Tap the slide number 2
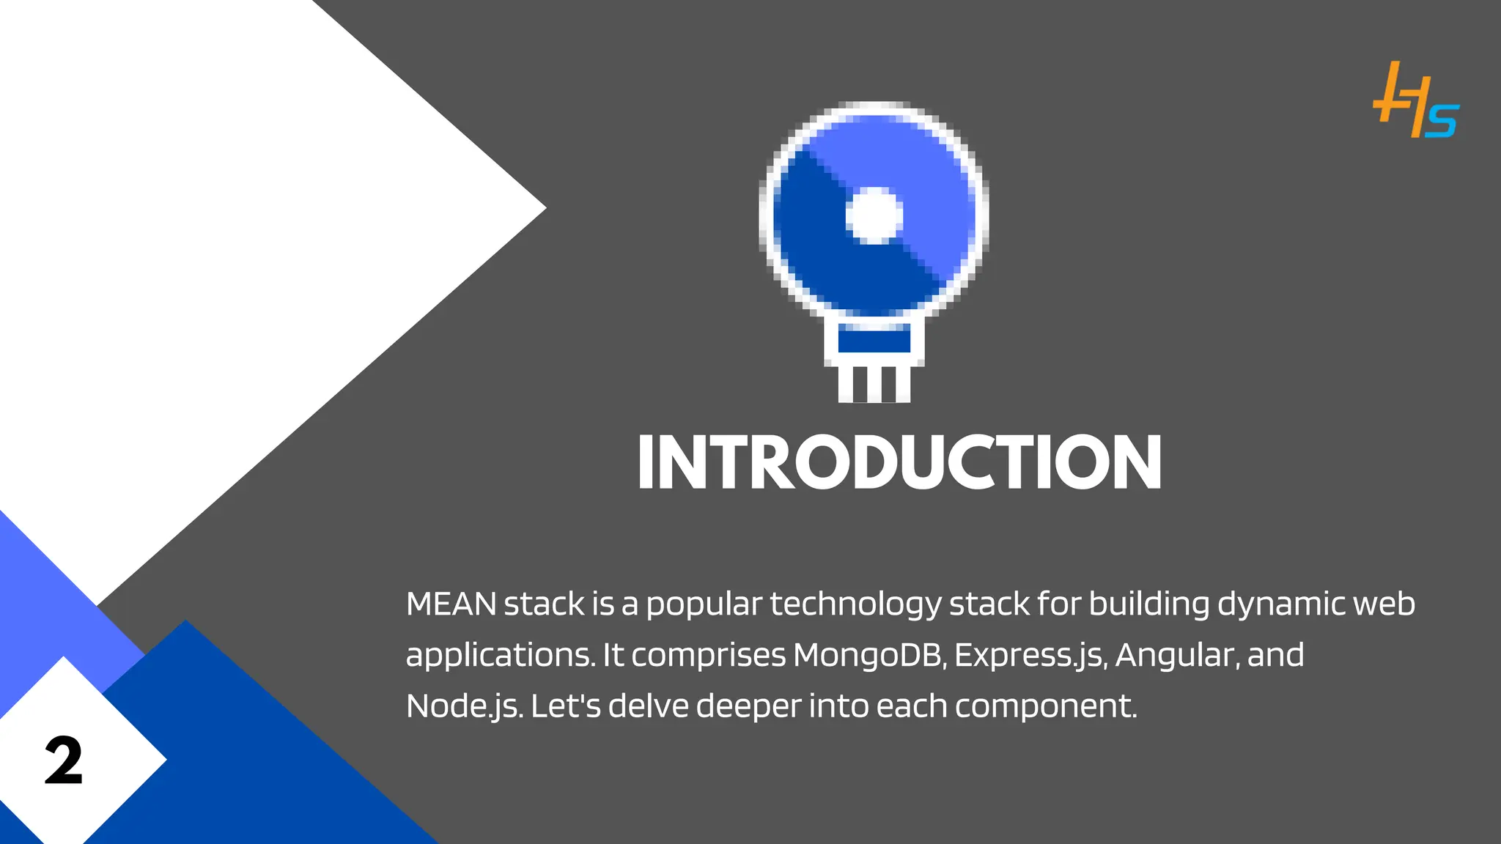click(x=64, y=760)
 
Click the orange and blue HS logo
click(x=1415, y=100)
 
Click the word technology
click(x=855, y=605)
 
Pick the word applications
click(x=500, y=656)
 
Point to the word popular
click(x=704, y=605)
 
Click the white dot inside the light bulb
click(x=874, y=215)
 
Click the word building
click(x=1148, y=605)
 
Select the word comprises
click(x=708, y=656)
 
